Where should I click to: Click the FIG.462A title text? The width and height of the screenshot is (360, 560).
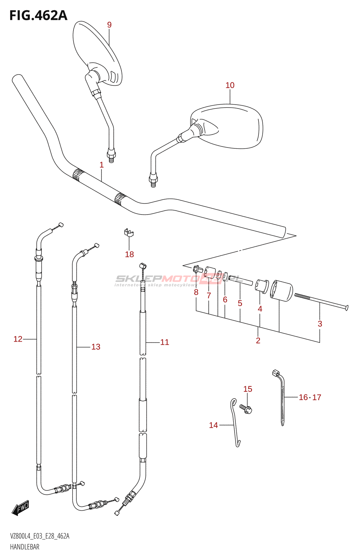38,15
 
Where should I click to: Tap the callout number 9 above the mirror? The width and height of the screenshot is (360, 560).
109,25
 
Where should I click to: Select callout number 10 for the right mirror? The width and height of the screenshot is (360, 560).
230,85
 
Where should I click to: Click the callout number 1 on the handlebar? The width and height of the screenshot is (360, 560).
102,165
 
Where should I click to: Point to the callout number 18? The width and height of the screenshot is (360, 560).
130,254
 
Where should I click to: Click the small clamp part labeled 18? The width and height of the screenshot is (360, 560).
129,232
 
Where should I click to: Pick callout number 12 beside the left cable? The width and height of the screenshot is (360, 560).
18,339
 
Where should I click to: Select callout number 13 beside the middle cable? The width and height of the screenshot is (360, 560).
96,347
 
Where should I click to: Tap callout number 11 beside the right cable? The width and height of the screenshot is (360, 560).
165,342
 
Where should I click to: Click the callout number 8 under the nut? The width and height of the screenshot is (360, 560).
196,292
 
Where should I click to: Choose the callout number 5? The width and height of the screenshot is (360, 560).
240,303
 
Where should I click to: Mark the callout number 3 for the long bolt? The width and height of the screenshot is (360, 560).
320,324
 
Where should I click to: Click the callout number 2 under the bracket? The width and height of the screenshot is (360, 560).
258,341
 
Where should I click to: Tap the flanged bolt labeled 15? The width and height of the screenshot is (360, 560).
247,408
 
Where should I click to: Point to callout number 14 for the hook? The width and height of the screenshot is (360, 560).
213,425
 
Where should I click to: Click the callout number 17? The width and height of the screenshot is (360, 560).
317,397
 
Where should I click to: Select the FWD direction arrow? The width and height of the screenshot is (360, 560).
20,507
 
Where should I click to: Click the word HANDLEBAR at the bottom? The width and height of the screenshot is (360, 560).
25,547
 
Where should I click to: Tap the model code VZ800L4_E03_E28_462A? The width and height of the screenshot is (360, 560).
40,536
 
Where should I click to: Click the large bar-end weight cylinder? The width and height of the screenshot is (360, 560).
282,290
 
